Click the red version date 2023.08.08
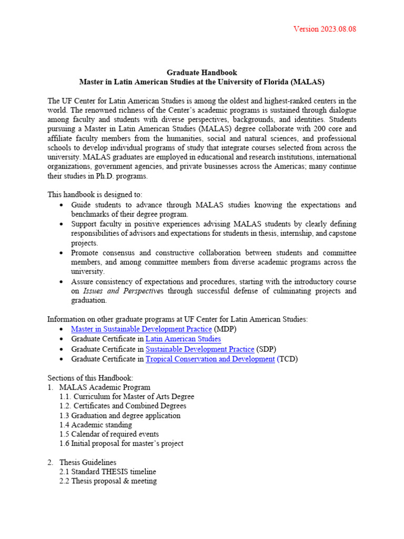(x=325, y=29)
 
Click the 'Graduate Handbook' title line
(x=202, y=73)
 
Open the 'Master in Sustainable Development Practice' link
(x=141, y=330)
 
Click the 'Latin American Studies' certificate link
(x=183, y=340)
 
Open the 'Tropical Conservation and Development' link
(x=210, y=359)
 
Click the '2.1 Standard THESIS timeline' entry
(x=108, y=472)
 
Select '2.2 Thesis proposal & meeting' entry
(x=108, y=481)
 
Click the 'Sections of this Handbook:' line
(x=90, y=378)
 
